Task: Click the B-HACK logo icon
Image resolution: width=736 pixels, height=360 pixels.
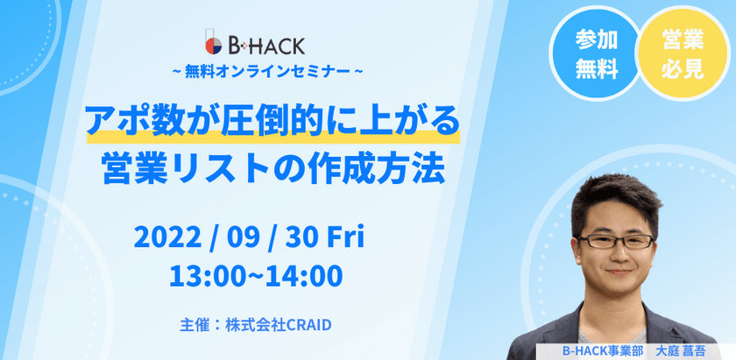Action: pyautogui.click(x=210, y=44)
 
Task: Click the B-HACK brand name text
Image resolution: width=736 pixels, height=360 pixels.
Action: pyautogui.click(x=265, y=44)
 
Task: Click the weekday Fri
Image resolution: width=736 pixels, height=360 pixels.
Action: pyautogui.click(x=344, y=236)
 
